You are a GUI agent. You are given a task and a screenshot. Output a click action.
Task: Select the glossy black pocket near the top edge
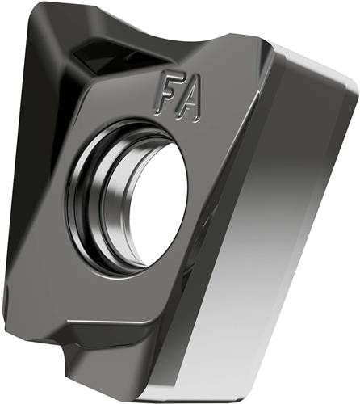point(113,55)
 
